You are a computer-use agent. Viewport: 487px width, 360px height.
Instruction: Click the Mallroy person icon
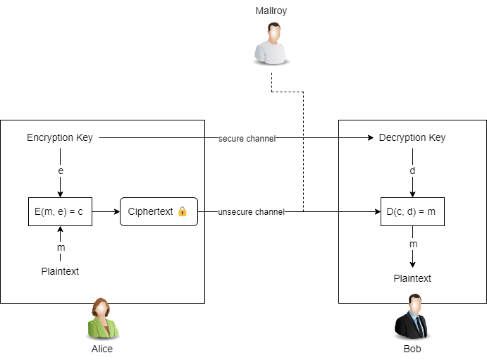(271, 44)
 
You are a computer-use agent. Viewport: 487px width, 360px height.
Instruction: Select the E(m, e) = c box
(60, 211)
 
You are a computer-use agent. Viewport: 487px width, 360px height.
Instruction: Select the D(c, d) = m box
(412, 211)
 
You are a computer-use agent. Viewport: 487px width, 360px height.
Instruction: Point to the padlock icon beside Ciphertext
(183, 211)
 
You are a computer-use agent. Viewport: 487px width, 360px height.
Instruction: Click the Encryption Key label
(60, 137)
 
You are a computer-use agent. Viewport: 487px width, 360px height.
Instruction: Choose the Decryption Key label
(412, 137)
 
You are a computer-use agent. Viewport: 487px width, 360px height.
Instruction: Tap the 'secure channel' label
(247, 139)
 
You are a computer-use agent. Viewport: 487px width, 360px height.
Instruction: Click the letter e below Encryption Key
(60, 170)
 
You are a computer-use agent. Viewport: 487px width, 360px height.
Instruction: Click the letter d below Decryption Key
(412, 170)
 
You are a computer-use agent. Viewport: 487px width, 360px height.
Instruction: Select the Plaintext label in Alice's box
(60, 271)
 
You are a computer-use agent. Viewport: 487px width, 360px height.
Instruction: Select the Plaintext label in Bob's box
(412, 278)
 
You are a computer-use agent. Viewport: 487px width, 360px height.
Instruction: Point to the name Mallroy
(271, 11)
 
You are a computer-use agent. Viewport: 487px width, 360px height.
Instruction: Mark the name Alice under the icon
(102, 349)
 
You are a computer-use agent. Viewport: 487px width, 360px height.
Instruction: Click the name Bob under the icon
(412, 349)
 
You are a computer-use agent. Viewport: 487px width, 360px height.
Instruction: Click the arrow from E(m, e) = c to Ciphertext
(106, 211)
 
